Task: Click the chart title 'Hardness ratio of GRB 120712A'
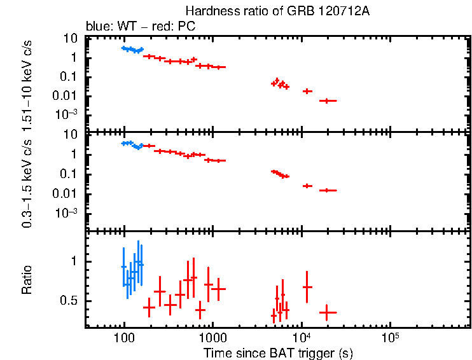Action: click(x=277, y=11)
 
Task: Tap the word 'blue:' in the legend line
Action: click(x=97, y=27)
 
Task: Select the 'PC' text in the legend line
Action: click(x=187, y=27)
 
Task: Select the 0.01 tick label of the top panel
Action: click(x=67, y=96)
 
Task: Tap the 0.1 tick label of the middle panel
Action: click(x=69, y=174)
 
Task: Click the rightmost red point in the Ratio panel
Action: click(x=328, y=312)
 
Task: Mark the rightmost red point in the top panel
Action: click(x=328, y=100)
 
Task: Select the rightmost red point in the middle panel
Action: click(x=328, y=190)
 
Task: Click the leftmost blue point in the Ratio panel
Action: click(x=123, y=267)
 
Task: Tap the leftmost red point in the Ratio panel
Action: click(x=149, y=307)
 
